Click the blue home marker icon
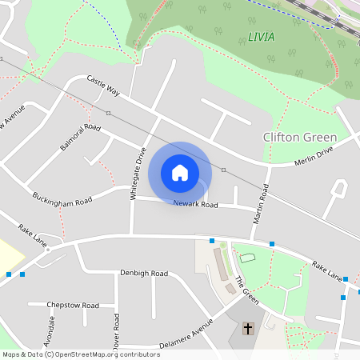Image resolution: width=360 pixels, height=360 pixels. (180, 173)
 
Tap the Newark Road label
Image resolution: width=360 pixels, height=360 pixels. (196, 205)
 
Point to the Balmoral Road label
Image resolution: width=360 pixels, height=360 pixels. (80, 137)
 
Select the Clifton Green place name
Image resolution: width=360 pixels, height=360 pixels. (300, 138)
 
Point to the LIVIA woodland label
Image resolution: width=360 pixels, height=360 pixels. (257, 38)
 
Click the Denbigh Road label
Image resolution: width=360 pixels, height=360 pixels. (144, 274)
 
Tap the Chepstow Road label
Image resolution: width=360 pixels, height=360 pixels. (73, 306)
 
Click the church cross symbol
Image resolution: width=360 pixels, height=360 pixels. (248, 329)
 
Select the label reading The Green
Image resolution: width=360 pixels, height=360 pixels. (246, 290)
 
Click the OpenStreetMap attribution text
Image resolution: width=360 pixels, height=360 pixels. (81, 354)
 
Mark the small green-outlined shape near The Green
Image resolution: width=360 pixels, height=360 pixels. (246, 258)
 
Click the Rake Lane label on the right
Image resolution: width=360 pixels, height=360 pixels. (327, 271)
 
